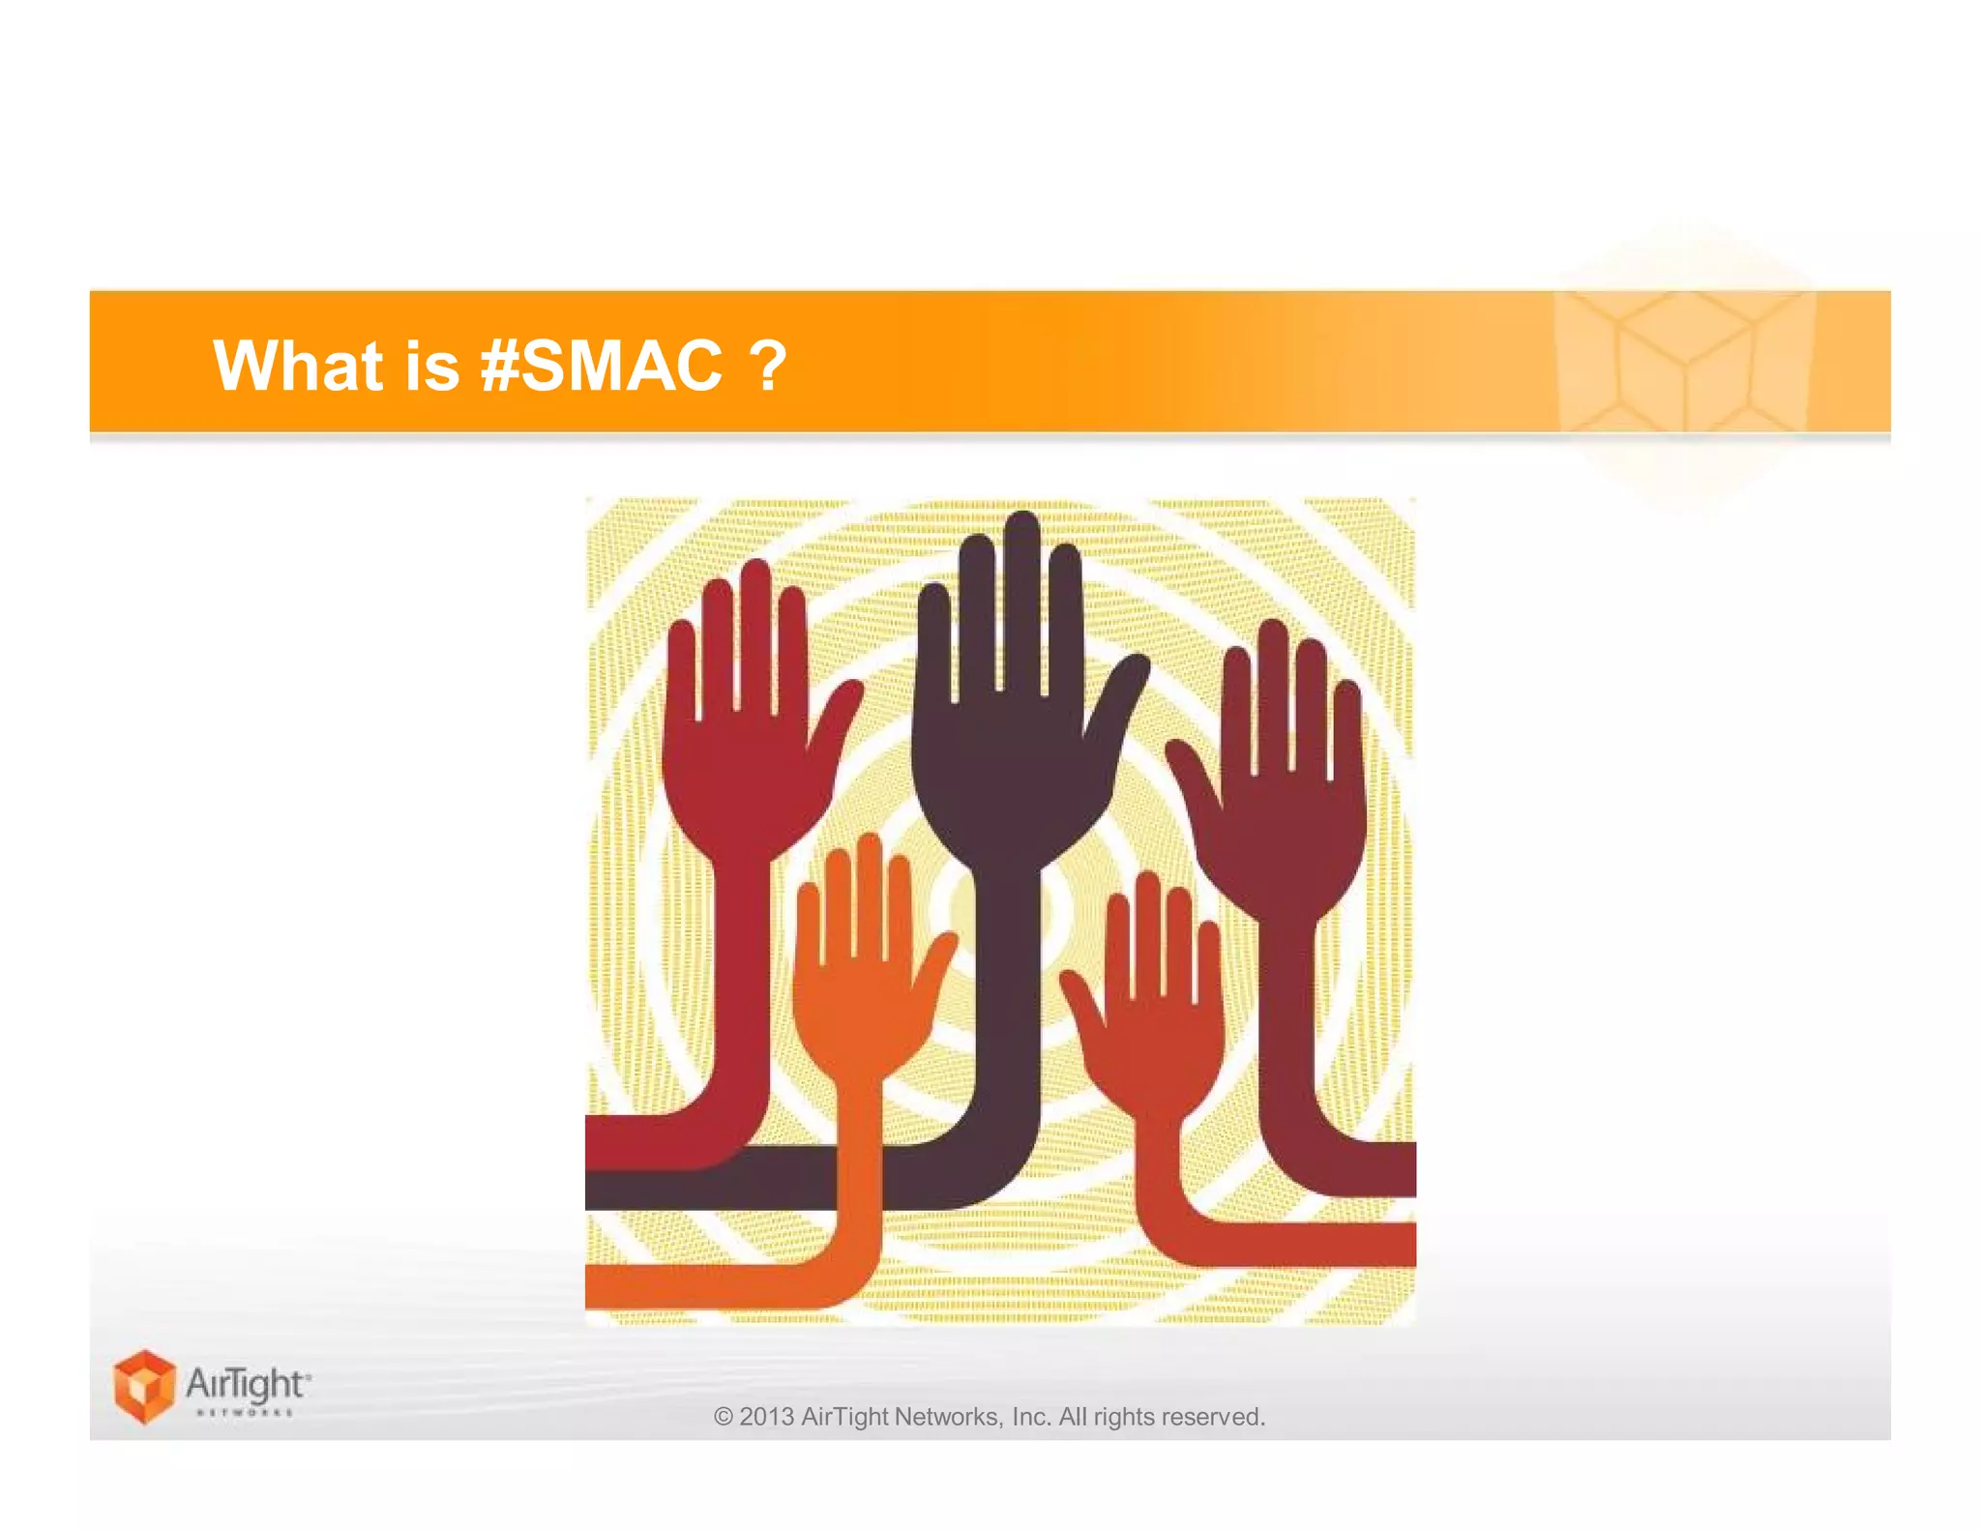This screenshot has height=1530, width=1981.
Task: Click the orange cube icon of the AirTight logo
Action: (144, 1385)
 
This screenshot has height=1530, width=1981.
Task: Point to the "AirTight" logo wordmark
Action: (248, 1385)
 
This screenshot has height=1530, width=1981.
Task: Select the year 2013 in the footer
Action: (766, 1417)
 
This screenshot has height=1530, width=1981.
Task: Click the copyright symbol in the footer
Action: (723, 1417)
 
